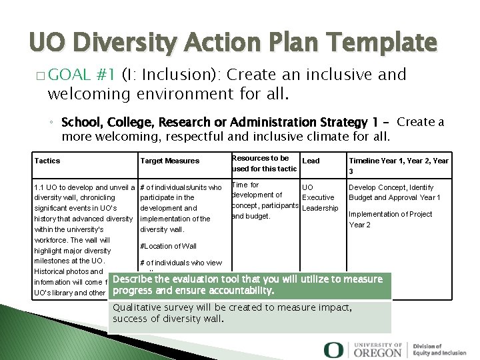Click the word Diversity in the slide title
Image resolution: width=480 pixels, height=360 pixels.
tap(126, 43)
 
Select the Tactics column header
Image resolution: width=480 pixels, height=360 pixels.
tap(47, 161)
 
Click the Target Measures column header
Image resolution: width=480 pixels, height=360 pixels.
tap(169, 161)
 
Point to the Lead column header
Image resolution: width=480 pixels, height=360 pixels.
tap(311, 161)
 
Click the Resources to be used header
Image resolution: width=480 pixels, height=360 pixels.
tap(264, 163)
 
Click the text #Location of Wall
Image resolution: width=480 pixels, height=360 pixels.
tap(168, 247)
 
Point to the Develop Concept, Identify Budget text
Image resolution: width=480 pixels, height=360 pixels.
tap(394, 193)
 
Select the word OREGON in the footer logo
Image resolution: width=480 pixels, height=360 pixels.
tap(379, 352)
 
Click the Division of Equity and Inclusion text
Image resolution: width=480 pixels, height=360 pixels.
tap(439, 349)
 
